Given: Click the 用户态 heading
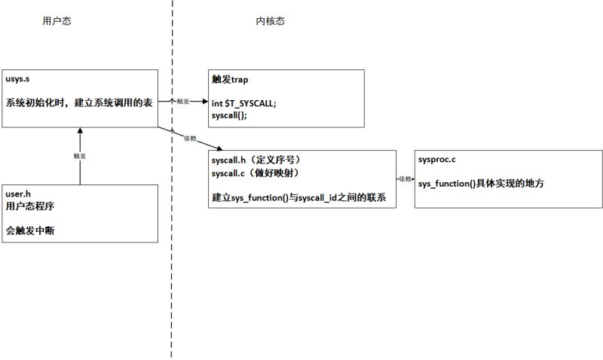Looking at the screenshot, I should tap(57, 21).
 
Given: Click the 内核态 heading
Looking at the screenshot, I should tap(270, 21).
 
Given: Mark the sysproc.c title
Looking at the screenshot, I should tap(437, 160).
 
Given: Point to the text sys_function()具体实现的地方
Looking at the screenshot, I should tap(481, 184).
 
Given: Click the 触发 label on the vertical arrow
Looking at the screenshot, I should tap(79, 156).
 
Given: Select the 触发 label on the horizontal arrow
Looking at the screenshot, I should tap(182, 100).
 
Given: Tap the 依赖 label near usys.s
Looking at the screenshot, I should tap(190, 139).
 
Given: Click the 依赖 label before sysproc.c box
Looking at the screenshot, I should tap(406, 179).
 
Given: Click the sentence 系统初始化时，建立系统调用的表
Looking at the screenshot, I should tap(80, 103).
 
